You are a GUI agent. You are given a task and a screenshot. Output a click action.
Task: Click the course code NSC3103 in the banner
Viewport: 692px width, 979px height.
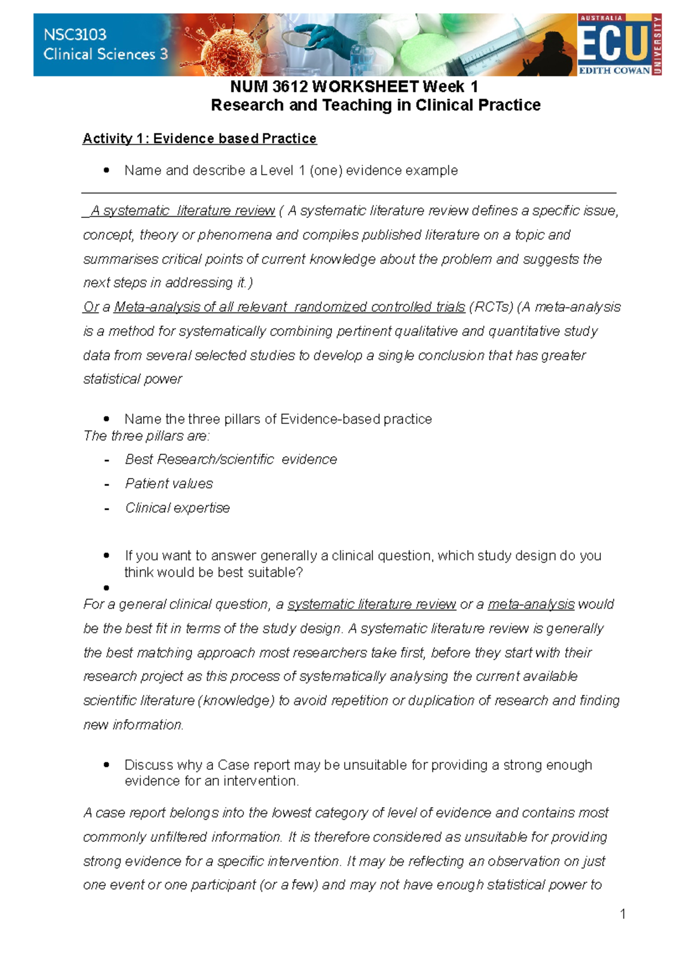tap(75, 35)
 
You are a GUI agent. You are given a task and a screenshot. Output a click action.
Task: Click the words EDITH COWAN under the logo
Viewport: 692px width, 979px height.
tap(614, 71)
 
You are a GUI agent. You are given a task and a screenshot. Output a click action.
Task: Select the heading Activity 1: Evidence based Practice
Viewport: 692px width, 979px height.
tap(200, 138)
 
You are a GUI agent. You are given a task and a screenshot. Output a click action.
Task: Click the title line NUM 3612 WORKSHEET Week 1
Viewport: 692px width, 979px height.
tap(353, 86)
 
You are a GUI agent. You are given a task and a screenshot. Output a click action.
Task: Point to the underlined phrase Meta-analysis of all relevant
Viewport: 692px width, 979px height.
tap(200, 307)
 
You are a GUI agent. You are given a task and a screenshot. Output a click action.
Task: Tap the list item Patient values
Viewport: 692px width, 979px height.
tap(169, 484)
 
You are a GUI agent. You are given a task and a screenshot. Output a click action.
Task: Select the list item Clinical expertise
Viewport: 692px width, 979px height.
tap(178, 508)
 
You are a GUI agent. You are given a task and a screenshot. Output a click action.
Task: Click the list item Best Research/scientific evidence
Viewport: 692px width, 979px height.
tap(231, 460)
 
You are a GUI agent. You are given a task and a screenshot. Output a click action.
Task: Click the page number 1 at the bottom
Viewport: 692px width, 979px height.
tap(623, 914)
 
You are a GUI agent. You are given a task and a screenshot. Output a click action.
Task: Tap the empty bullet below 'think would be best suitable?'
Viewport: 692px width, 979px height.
tap(107, 588)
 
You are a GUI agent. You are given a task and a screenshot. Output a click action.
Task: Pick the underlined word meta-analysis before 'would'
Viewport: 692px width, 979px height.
tap(531, 604)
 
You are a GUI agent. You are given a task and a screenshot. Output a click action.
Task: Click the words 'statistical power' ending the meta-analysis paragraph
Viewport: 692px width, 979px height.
tap(133, 379)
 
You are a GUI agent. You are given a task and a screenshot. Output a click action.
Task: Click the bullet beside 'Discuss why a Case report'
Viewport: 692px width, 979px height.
tap(107, 765)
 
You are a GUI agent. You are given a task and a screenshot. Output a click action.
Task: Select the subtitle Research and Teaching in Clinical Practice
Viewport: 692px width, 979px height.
tap(375, 105)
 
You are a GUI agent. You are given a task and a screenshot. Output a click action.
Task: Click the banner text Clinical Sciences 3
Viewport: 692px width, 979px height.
tap(106, 54)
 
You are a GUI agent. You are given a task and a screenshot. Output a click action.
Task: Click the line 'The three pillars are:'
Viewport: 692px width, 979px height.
tap(146, 436)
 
